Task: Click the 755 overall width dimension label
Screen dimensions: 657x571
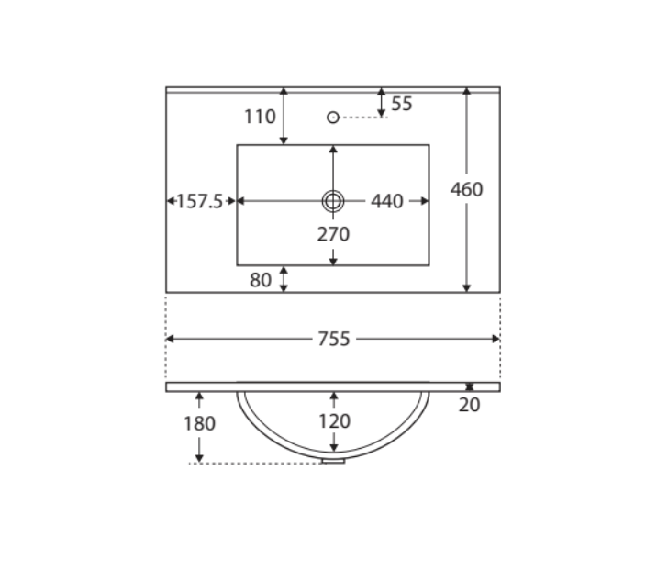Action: [333, 339]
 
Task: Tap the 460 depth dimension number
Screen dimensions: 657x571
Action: [466, 189]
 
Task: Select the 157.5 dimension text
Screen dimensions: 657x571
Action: [200, 201]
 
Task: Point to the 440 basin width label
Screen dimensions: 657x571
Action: [386, 201]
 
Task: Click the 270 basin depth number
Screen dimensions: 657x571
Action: [333, 234]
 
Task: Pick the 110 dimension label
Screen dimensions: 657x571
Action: [260, 117]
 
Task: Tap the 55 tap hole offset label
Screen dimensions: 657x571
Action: [401, 104]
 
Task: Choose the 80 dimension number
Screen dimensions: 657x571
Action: [261, 280]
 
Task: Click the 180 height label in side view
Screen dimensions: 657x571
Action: [199, 423]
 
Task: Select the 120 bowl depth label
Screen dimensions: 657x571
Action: [334, 421]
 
